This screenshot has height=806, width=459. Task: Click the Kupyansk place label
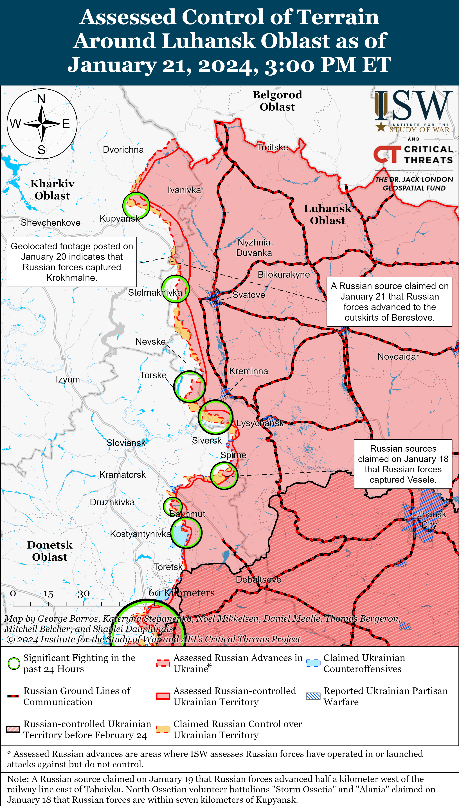tap(120, 218)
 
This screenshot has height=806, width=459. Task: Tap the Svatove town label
tap(249, 295)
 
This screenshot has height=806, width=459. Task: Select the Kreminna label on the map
tap(248, 371)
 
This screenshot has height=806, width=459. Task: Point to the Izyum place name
tap(68, 379)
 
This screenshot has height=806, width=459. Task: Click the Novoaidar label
tap(398, 357)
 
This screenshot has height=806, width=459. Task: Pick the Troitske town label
tap(272, 148)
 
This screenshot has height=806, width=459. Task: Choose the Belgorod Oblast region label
tap(277, 101)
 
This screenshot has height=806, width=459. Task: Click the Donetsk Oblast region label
tap(50, 551)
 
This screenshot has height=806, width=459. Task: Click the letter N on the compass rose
tap(41, 99)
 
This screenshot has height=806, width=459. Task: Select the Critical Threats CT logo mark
tap(387, 154)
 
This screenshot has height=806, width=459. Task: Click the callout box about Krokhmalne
tap(72, 262)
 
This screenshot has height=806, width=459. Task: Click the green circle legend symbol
tap(13, 663)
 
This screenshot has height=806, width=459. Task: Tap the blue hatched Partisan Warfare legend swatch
tap(313, 696)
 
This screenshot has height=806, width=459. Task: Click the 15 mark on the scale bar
tap(48, 594)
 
